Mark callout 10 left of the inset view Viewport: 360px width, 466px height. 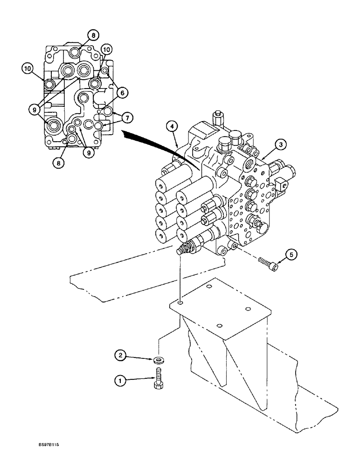click(x=28, y=68)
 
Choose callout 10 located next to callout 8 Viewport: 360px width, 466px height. click(x=106, y=49)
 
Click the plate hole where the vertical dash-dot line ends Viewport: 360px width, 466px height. click(x=180, y=303)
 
